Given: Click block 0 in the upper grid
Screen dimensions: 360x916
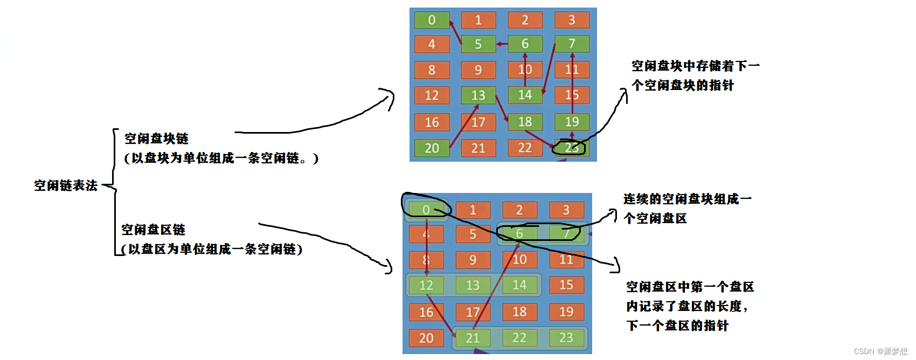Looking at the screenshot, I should tap(432, 20).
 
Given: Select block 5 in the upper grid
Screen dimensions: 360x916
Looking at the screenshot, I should tap(478, 44).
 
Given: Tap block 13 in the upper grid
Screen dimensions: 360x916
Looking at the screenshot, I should tap(478, 95).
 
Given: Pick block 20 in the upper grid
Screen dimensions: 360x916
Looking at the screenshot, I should tap(432, 148).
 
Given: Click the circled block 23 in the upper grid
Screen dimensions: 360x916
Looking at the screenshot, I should tap(571, 148).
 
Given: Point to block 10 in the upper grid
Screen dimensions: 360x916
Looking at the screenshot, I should tap(525, 70).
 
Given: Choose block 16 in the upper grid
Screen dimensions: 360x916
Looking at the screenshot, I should tap(432, 122).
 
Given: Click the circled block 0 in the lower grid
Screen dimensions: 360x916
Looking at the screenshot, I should tap(426, 210).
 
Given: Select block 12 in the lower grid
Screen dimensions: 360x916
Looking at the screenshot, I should tap(426, 285).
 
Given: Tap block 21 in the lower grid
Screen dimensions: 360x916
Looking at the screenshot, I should tap(473, 338).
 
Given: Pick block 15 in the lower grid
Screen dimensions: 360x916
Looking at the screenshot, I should tap(566, 285).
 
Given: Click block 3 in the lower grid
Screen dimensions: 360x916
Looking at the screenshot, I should tap(566, 210).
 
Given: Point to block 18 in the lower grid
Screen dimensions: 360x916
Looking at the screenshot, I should tap(519, 311).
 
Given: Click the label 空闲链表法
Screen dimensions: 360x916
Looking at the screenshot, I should tap(66, 186).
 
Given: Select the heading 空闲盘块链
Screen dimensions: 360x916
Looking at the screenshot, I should tap(156, 139).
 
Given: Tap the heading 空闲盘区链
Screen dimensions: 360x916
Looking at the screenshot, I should tap(153, 230).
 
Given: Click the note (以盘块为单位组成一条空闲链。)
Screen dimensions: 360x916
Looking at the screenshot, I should tap(221, 158).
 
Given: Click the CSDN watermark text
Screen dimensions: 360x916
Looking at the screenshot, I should tap(880, 351).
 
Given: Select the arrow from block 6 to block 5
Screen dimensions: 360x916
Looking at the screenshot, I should tap(502, 44).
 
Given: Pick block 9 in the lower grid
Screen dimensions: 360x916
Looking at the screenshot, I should tap(473, 260).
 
